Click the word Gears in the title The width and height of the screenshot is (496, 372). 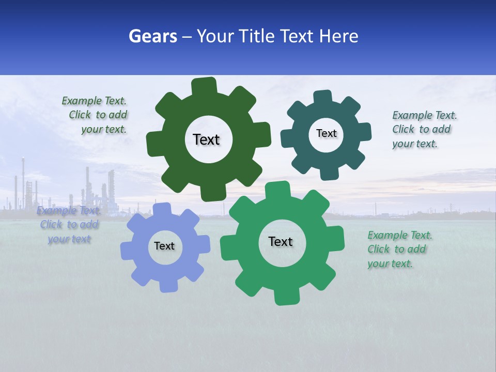click(x=152, y=36)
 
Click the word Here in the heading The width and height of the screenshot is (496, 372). click(x=339, y=36)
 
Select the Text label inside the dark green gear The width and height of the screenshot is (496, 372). click(x=207, y=139)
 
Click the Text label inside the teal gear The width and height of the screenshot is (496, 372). click(x=327, y=133)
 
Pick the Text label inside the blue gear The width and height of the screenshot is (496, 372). click(x=164, y=246)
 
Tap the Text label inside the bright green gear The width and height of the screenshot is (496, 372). click(x=281, y=241)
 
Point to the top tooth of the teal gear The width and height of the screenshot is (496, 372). click(x=323, y=97)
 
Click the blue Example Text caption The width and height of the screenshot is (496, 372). click(x=69, y=225)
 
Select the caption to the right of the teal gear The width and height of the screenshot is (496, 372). click(x=424, y=130)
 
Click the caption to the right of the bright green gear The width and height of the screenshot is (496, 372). click(x=399, y=250)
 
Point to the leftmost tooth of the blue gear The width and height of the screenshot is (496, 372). click(x=127, y=251)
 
